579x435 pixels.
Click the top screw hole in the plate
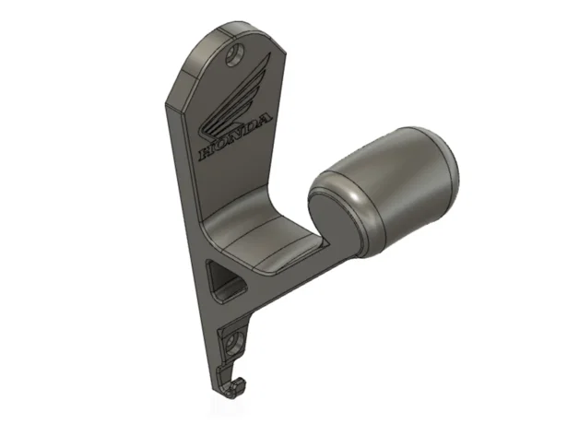(235, 54)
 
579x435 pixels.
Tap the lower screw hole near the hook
(234, 344)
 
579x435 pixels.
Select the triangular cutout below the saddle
(223, 281)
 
